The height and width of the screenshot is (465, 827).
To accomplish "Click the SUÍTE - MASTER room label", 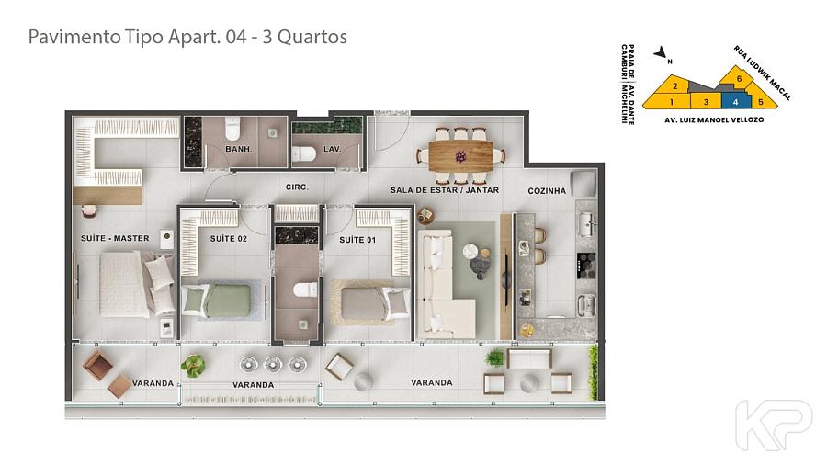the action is tap(115, 238).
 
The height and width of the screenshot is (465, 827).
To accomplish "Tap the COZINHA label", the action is tap(547, 191).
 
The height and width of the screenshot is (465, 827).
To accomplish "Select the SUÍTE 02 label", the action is tap(229, 239).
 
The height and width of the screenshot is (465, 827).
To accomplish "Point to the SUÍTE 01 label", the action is tap(357, 240).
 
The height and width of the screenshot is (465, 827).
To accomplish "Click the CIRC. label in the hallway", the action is tap(297, 187).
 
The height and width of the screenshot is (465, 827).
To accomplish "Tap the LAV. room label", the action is tap(332, 149).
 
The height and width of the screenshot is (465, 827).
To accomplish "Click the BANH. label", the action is tap(238, 149).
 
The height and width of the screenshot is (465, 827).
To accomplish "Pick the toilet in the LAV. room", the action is tap(304, 154).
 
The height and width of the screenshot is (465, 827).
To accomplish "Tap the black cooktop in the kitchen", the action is tap(586, 266).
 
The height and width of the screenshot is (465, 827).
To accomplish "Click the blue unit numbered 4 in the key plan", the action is tap(736, 101).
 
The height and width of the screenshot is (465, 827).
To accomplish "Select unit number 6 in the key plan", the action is tap(739, 78).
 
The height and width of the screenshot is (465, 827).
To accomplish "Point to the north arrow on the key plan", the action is tap(661, 52).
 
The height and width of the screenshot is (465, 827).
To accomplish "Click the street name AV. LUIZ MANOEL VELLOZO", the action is tap(714, 119).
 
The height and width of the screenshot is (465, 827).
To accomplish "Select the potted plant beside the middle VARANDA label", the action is tap(193, 365).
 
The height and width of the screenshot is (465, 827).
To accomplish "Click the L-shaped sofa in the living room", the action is tap(446, 285).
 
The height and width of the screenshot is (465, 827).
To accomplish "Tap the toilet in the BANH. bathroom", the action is tap(232, 127).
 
